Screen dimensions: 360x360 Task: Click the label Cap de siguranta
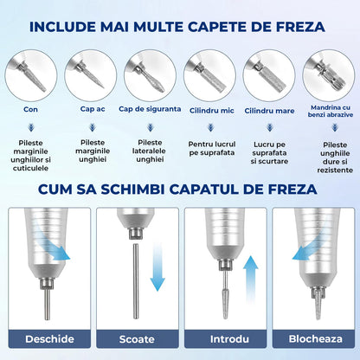[x=149, y=110]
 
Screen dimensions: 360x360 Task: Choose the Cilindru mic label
[x=210, y=110]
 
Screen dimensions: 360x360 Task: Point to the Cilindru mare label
[x=269, y=110]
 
